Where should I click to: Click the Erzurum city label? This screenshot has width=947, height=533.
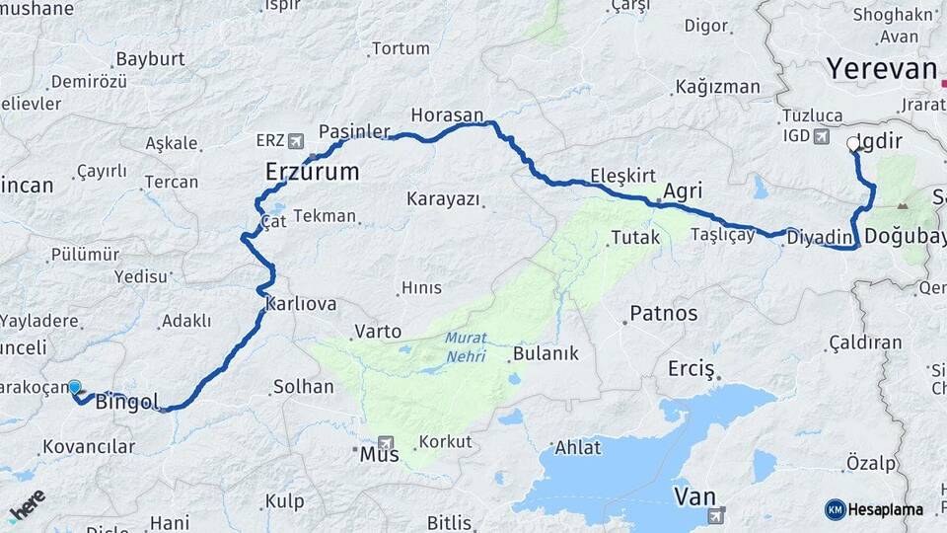pyautogui.click(x=312, y=173)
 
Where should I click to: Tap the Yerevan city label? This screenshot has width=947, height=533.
pyautogui.click(x=881, y=69)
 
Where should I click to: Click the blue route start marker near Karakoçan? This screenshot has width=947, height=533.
pyautogui.click(x=74, y=387)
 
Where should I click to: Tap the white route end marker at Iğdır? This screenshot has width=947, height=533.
pyautogui.click(x=853, y=144)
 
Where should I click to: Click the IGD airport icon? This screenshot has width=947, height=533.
pyautogui.click(x=822, y=135)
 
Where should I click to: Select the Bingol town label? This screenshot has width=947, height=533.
pyautogui.click(x=127, y=402)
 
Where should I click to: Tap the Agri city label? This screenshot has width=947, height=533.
pyautogui.click(x=683, y=190)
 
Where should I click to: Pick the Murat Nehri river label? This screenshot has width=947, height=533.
pyautogui.click(x=465, y=346)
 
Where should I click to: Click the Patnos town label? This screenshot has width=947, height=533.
pyautogui.click(x=663, y=314)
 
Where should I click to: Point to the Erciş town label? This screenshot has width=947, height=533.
pyautogui.click(x=691, y=369)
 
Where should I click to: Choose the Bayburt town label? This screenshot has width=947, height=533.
pyautogui.click(x=150, y=59)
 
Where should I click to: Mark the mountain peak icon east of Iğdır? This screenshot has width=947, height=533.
pyautogui.click(x=903, y=206)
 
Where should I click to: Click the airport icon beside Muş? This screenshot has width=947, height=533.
pyautogui.click(x=386, y=443)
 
